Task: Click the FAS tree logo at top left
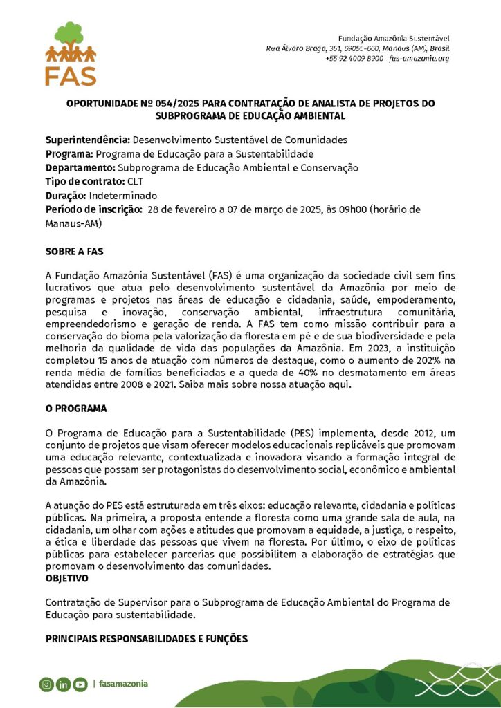70,53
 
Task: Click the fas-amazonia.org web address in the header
419,59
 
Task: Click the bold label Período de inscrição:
94,209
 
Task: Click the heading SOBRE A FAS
75,251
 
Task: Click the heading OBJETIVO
67,577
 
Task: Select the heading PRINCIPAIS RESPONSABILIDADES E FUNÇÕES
147,638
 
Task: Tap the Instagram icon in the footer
46,684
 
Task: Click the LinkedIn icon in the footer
63,684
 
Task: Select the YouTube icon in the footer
80,684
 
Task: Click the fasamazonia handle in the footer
123,684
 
